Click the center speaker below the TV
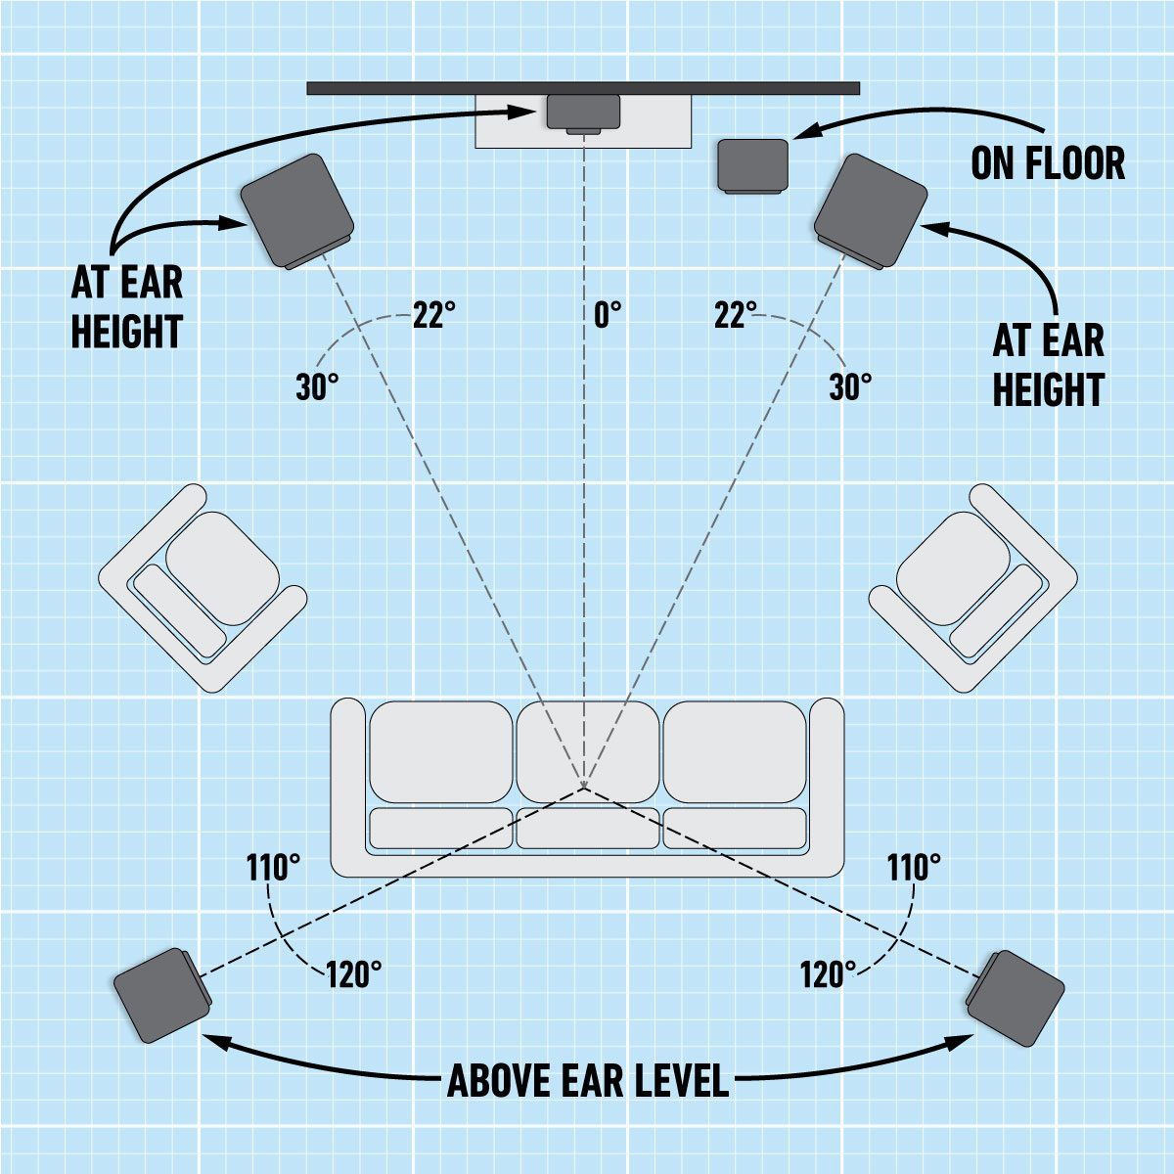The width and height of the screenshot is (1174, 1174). point(583,113)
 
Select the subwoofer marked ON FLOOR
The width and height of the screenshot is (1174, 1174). point(753,164)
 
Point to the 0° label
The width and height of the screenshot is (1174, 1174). point(608,316)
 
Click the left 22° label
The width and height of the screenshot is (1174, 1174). point(433,315)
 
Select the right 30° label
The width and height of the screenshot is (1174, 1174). point(850,387)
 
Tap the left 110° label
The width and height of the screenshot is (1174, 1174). point(273,867)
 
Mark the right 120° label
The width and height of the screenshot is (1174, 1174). point(828,974)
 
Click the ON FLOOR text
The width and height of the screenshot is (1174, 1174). point(1048,163)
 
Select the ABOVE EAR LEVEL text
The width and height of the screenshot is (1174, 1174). point(588,1081)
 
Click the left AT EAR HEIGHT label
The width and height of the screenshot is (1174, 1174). point(127,307)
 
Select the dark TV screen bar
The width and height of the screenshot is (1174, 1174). point(583,88)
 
